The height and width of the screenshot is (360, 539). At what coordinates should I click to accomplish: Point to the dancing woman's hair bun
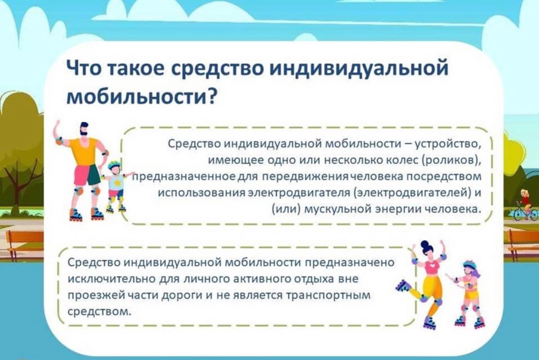pos(425,243)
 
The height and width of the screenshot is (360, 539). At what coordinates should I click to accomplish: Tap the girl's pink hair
pos(476,271)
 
